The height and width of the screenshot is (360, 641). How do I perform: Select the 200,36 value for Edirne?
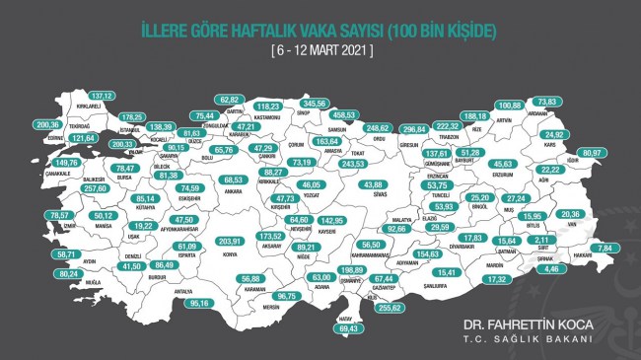(47, 125)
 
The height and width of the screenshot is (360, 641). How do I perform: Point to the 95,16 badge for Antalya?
(200, 303)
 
